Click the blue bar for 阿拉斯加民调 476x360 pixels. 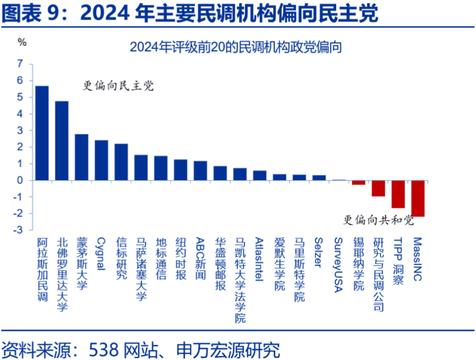pyautogui.click(x=42, y=133)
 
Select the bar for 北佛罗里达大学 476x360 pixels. pyautogui.click(x=61, y=141)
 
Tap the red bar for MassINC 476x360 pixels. pyautogui.click(x=417, y=198)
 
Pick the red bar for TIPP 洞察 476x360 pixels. pyautogui.click(x=398, y=194)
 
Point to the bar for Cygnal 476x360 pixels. pyautogui.click(x=101, y=160)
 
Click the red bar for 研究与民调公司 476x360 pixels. pyautogui.click(x=378, y=188)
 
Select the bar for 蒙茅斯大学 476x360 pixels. pyautogui.click(x=81, y=157)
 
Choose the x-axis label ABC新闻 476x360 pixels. pyautogui.click(x=200, y=257)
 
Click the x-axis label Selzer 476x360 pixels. pyautogui.click(x=318, y=252)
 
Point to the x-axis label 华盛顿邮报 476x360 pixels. pyautogui.click(x=220, y=263)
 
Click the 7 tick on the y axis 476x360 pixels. pyautogui.click(x=20, y=63)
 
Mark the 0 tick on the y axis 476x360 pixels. pyautogui.click(x=20, y=180)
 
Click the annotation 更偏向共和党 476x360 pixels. pyautogui.click(x=378, y=220)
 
